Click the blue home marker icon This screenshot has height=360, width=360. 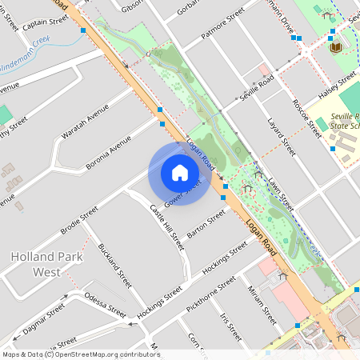coord(179,173)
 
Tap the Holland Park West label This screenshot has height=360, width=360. coord(45,264)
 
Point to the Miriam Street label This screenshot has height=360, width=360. coord(261,303)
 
